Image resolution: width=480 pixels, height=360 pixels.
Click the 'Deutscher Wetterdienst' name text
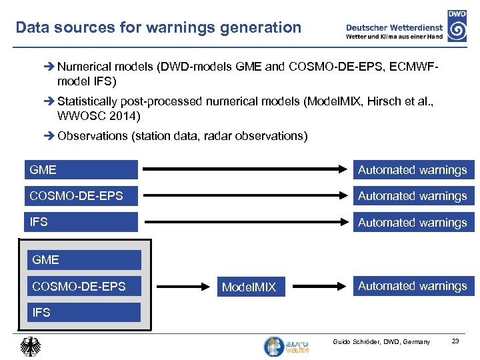click(x=394, y=27)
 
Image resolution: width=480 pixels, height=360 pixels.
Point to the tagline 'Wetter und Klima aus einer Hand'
click(x=394, y=37)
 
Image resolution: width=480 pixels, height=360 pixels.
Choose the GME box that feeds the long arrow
click(x=81, y=170)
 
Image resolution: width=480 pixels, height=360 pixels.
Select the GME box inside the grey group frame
click(x=83, y=260)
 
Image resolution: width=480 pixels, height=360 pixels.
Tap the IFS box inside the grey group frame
click(x=83, y=312)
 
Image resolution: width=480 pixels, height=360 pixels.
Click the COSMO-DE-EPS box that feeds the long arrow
click(x=81, y=196)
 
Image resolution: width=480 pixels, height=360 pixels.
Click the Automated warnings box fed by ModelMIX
click(x=413, y=286)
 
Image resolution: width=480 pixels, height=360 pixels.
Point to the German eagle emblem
click(x=30, y=346)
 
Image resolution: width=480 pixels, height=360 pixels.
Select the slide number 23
click(x=455, y=342)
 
